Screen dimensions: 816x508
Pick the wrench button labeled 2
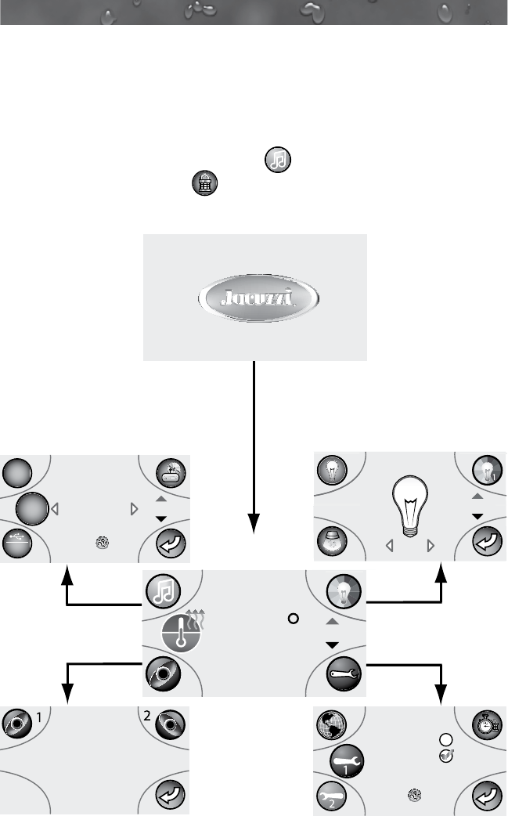pyautogui.click(x=330, y=798)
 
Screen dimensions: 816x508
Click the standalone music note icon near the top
pyautogui.click(x=278, y=159)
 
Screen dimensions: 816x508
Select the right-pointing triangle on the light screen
pyautogui.click(x=431, y=547)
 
